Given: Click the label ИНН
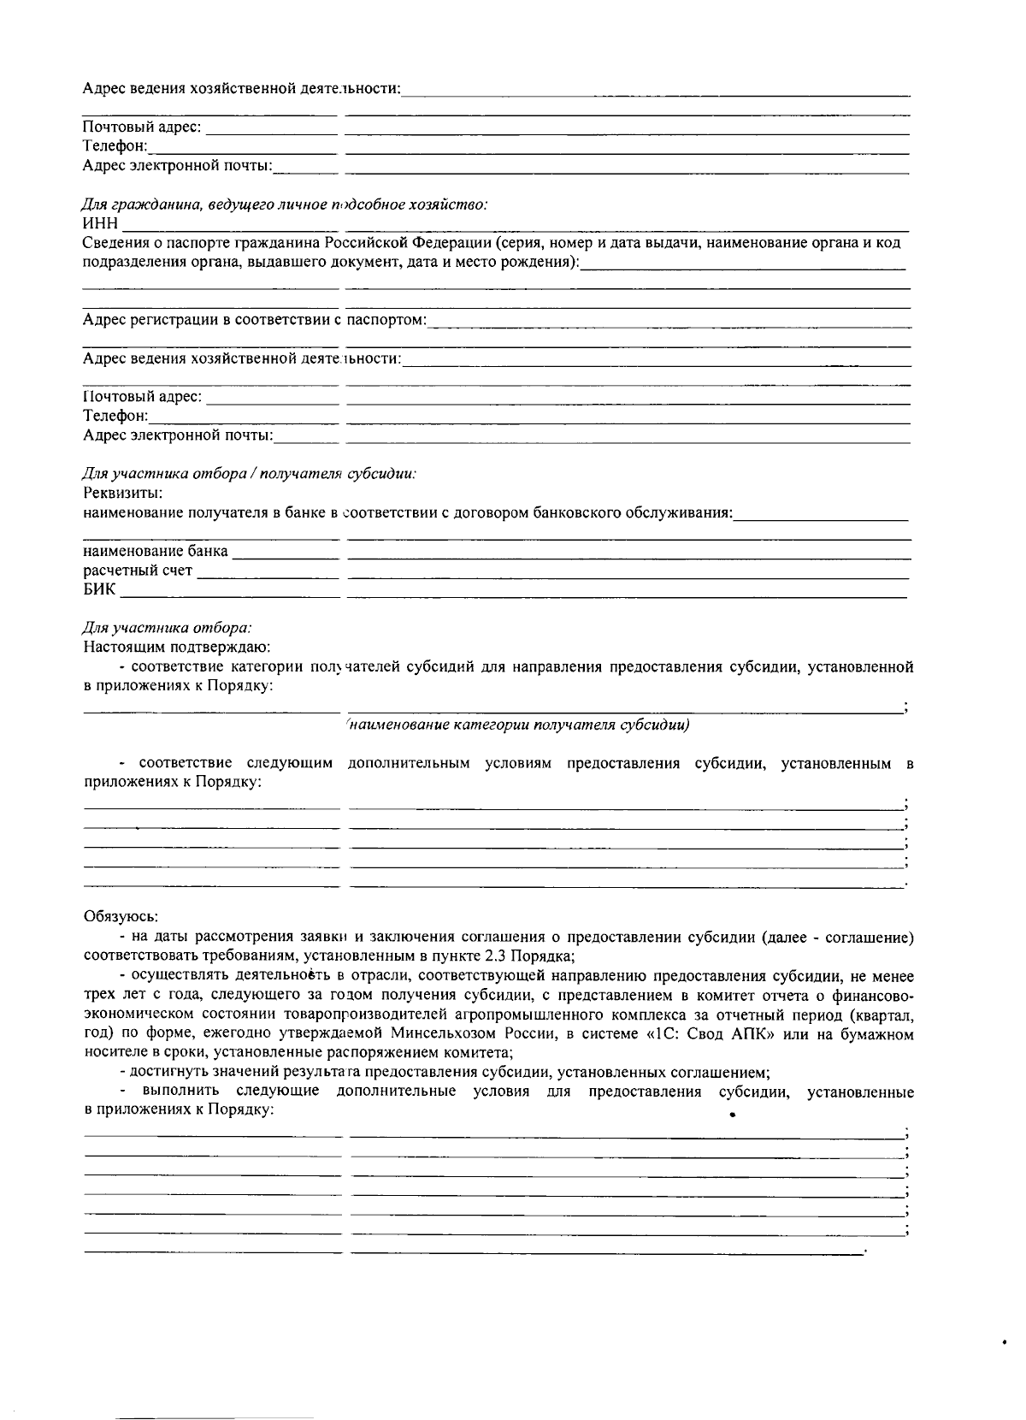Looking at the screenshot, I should point(99,224).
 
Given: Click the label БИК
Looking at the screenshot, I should point(98,590).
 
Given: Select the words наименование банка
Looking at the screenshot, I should point(156,551).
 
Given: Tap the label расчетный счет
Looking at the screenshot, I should point(138,571).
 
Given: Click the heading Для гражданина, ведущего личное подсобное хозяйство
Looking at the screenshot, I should point(285,205).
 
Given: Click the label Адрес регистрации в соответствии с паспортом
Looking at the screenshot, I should point(254,320).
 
